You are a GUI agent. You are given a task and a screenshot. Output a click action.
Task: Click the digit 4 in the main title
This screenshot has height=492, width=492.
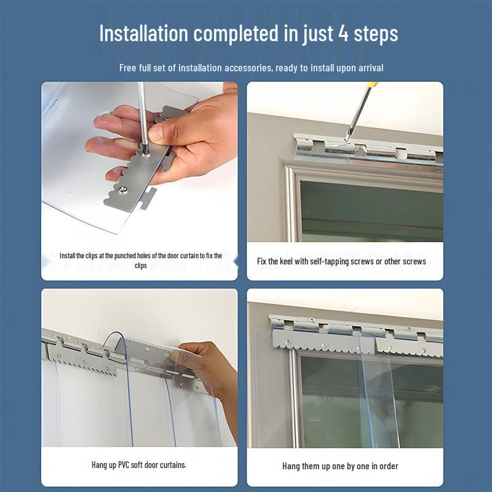click(343, 33)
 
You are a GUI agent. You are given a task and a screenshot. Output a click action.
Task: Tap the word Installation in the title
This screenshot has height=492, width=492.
click(144, 33)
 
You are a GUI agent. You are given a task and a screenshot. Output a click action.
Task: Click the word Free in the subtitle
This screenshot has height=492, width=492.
click(127, 68)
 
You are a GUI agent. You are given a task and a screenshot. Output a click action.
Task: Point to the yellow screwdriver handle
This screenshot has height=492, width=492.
click(372, 84)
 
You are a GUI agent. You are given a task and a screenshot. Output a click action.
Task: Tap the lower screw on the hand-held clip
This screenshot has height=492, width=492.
click(124, 189)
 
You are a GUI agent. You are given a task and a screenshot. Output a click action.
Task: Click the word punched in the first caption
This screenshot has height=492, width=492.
click(125, 256)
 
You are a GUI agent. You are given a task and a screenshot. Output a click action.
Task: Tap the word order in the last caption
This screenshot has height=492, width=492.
click(389, 466)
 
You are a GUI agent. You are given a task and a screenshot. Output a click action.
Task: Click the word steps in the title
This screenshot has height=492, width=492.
click(376, 34)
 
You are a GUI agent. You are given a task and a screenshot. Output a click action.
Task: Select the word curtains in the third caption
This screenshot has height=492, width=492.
click(173, 464)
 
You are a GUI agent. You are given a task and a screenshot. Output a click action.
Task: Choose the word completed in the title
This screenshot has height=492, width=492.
click(236, 34)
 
